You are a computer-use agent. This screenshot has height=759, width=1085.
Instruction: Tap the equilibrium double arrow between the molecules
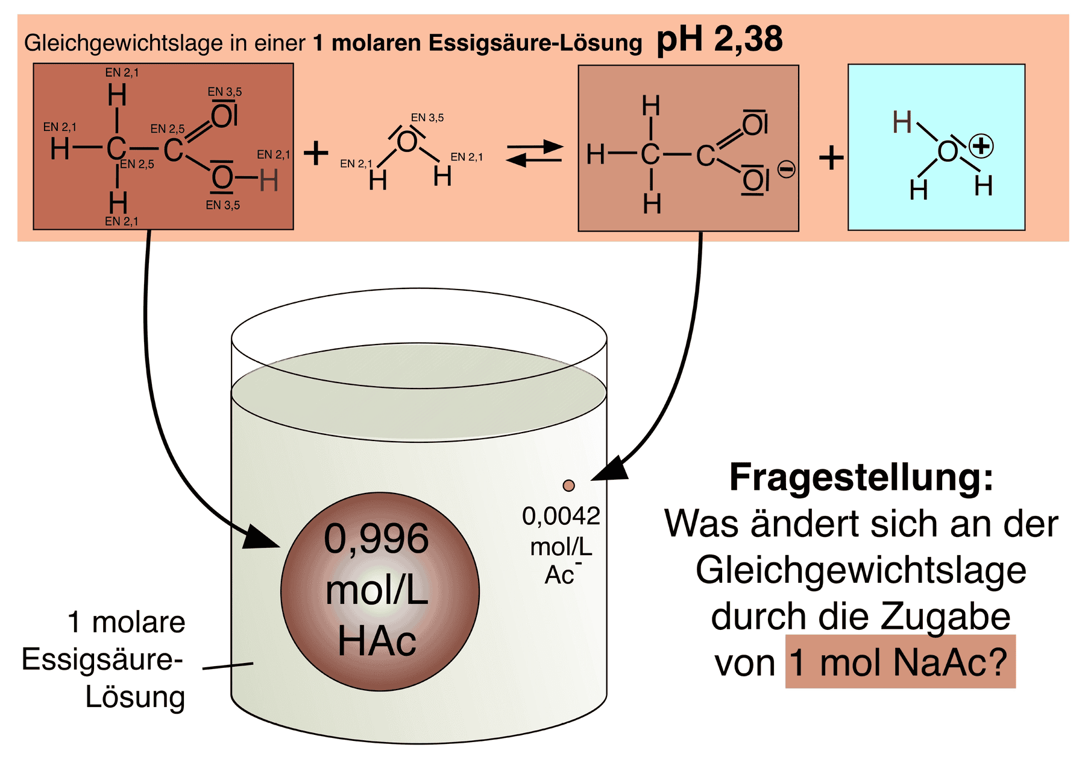(x=534, y=153)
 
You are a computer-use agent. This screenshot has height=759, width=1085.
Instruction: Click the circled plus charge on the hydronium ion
(x=981, y=146)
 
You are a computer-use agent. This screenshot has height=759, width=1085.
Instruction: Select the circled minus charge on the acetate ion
(x=786, y=169)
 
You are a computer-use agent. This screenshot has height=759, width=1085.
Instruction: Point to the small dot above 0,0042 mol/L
(x=568, y=485)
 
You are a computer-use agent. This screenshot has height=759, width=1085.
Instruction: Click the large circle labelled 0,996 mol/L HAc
(x=380, y=591)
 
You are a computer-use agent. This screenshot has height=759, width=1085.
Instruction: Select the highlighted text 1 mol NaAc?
(x=900, y=662)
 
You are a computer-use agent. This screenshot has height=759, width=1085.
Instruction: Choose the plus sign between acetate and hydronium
(x=831, y=158)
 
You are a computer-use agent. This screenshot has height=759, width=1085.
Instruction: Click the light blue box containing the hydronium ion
(x=936, y=147)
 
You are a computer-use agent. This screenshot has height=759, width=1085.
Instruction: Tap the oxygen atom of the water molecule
(x=407, y=142)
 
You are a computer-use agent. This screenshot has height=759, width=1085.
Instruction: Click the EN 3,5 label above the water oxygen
(x=427, y=118)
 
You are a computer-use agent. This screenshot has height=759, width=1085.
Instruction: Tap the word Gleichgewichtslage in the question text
(x=861, y=570)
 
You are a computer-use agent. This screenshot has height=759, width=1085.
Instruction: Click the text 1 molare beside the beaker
(x=127, y=622)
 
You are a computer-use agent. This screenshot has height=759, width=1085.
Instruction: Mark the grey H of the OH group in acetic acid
(x=269, y=180)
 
